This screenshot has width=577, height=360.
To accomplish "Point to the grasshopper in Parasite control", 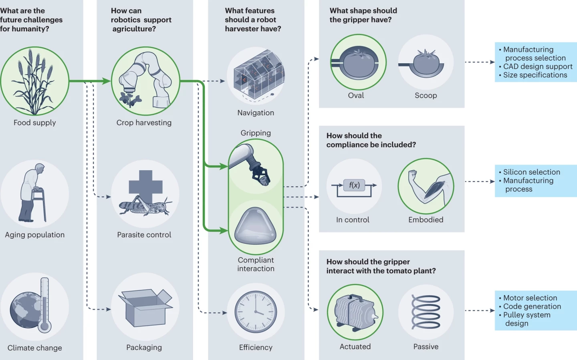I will pos(144,205).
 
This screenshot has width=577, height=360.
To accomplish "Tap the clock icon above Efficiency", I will pos(256,312).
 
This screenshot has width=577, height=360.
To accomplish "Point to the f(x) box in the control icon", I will pos(354,185).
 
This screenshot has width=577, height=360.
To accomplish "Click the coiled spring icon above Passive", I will pos(426,312).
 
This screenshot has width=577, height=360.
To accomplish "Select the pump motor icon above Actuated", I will pos(355,312).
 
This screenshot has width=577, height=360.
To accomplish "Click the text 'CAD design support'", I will pos(538,66).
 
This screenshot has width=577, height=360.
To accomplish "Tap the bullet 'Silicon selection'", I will pos(531,172).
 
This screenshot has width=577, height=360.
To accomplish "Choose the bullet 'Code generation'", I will pos(532,306).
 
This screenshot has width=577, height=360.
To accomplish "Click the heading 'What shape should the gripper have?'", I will pos(363,15).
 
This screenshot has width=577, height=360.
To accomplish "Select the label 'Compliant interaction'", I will pos(256,264).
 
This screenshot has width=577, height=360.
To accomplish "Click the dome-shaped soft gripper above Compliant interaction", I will pos(256,227).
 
